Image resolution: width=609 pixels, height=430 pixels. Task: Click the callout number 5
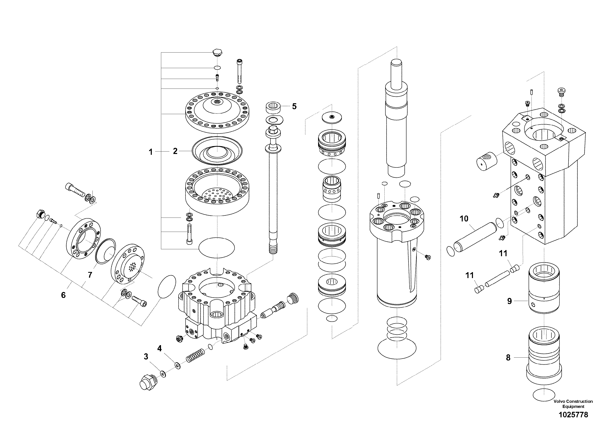coord(294,107)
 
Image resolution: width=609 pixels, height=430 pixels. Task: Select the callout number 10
coord(464,219)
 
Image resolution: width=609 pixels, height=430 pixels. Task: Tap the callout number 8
coord(508,358)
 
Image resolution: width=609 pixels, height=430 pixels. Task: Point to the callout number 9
coord(509,301)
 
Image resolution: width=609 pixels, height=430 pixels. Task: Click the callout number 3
coord(146,357)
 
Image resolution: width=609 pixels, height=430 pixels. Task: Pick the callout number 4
coord(159,348)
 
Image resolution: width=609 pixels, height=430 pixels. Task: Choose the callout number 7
coord(90,275)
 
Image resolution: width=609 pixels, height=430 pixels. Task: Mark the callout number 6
coord(63,295)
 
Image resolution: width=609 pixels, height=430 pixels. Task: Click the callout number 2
coord(175,151)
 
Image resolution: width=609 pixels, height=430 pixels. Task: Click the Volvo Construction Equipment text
coord(573,404)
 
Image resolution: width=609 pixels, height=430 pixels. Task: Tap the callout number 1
coord(151,152)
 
